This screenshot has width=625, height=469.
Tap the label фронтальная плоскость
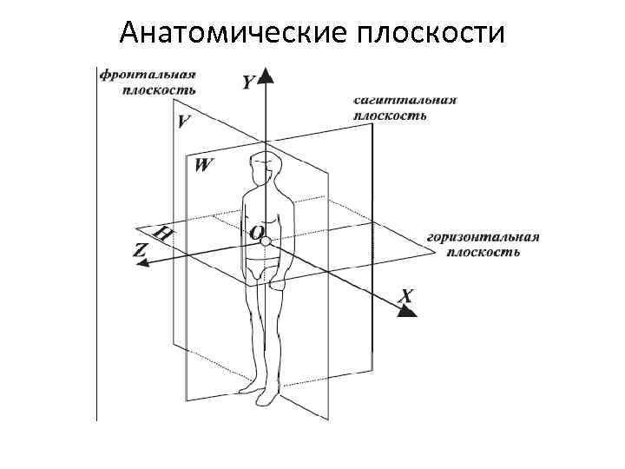[147, 80]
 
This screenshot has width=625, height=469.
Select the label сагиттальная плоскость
[405, 107]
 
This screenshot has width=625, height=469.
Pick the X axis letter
[405, 296]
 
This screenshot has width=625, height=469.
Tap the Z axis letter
[140, 249]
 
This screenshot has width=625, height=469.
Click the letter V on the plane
[184, 122]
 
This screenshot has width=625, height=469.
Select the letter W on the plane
[203, 164]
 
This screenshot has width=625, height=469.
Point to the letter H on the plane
[162, 234]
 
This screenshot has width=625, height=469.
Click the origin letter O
[256, 232]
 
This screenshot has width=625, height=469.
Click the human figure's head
[264, 165]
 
